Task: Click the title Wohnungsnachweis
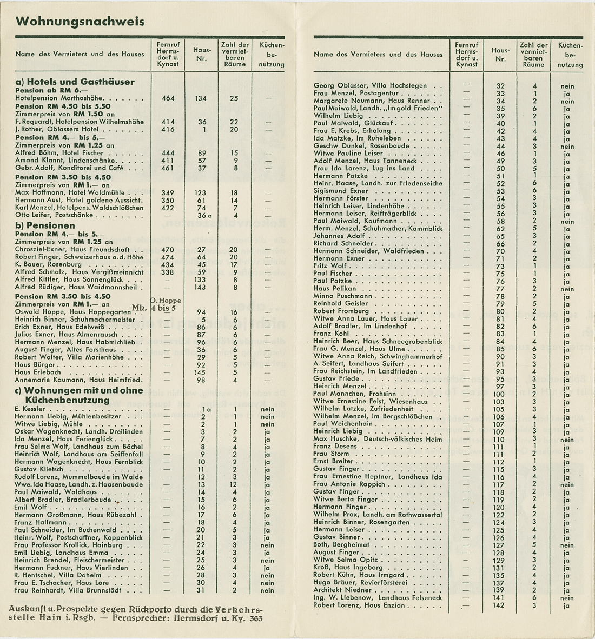click(x=80, y=22)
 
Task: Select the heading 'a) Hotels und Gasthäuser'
click(x=75, y=82)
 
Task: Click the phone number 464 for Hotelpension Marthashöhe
click(x=168, y=99)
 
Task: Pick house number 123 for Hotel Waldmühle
click(x=201, y=193)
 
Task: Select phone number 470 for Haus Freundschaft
click(x=168, y=250)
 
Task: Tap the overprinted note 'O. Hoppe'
click(x=166, y=301)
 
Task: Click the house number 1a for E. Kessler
click(x=203, y=409)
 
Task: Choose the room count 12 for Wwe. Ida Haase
click(x=234, y=485)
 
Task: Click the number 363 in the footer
click(x=254, y=618)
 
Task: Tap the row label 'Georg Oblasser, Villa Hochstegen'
click(x=371, y=86)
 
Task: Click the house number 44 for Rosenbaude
click(x=500, y=147)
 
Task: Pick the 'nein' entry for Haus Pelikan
click(x=567, y=289)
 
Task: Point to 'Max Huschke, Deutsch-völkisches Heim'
click(x=378, y=440)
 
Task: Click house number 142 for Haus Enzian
click(x=500, y=605)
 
